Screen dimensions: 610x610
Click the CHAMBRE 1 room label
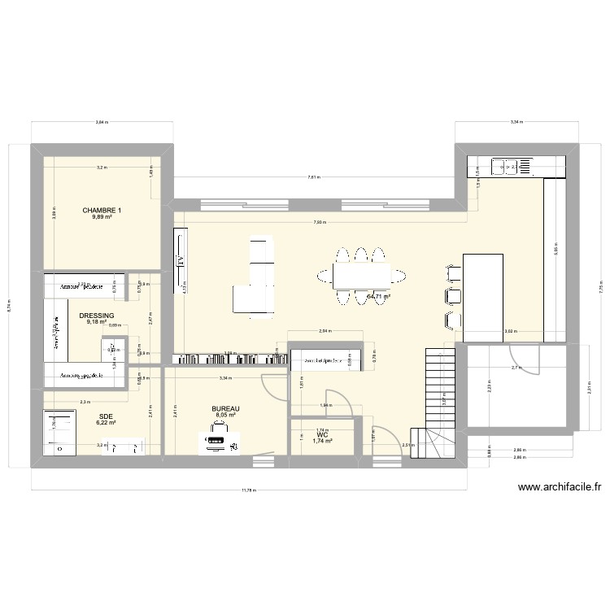point(102,211)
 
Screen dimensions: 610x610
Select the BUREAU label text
point(225,409)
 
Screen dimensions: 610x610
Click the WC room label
point(323,435)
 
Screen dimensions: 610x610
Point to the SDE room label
point(107,416)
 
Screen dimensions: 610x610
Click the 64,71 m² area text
point(378,297)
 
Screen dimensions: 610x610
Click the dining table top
point(361,277)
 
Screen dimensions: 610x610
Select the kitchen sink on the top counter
point(503,167)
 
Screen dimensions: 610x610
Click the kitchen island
point(483,298)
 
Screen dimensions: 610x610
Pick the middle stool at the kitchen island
point(451,295)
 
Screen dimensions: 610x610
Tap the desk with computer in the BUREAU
point(218,443)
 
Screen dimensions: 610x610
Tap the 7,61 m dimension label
point(313,176)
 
